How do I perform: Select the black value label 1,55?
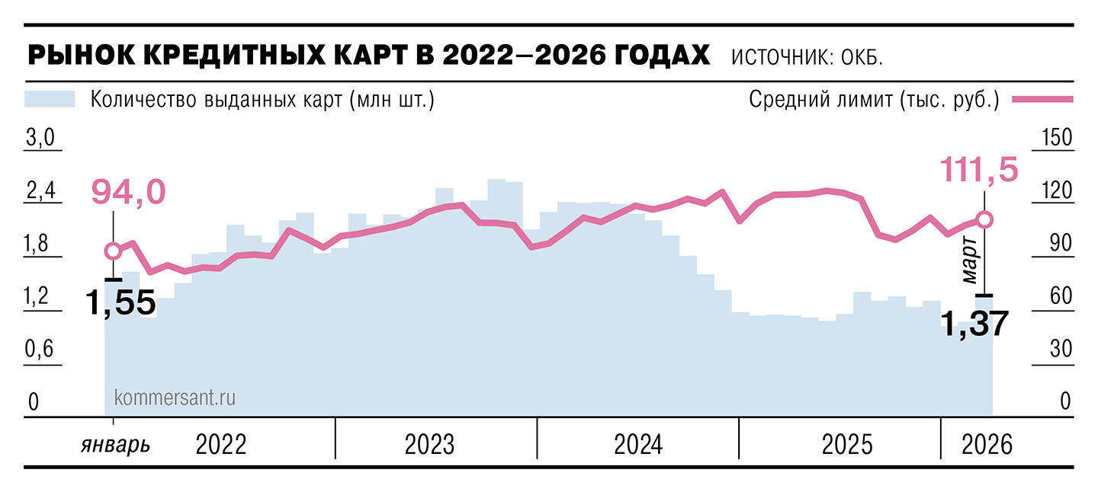tap(120, 303)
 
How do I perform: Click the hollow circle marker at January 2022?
tap(113, 251)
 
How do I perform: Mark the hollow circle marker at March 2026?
tap(984, 219)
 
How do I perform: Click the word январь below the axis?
tap(115, 445)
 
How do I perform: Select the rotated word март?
tap(969, 260)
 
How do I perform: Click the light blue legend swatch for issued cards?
tap(50, 100)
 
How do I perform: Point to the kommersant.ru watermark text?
tap(174, 397)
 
